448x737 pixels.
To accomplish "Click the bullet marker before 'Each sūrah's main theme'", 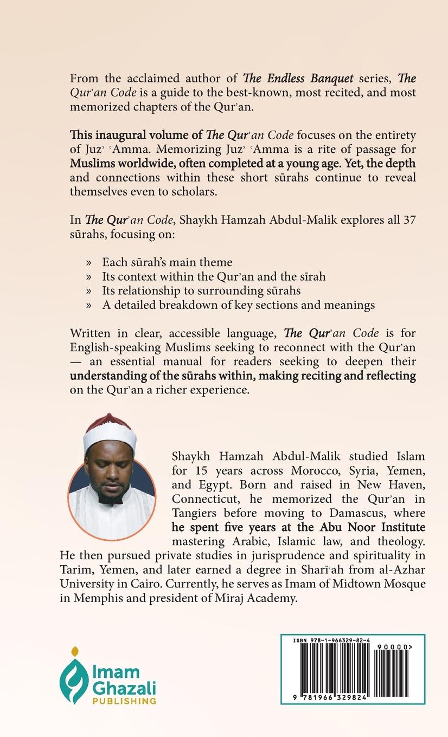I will pos(89,263).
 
